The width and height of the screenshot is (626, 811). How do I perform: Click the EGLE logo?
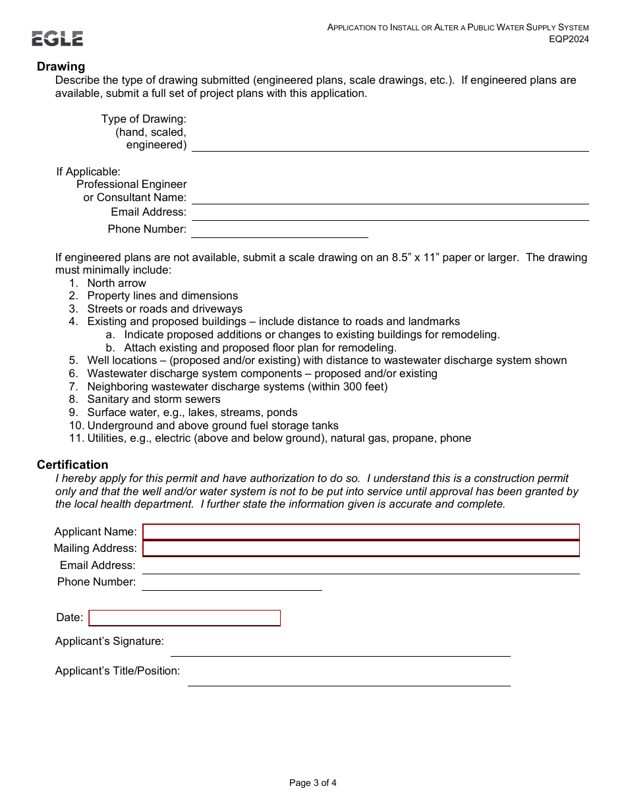(57, 39)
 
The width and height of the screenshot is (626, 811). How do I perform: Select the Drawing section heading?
(61, 67)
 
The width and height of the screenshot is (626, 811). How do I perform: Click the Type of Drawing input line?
(389, 144)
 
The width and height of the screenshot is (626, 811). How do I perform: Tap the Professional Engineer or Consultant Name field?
(389, 197)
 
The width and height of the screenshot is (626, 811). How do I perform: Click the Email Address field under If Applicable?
(389, 213)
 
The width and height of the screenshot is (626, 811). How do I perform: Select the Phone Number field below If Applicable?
(279, 230)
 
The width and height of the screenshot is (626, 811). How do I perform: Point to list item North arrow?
(117, 283)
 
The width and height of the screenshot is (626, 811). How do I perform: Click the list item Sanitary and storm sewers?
(154, 399)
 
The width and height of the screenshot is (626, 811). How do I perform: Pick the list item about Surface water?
(192, 412)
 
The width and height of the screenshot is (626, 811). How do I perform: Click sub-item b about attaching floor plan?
(260, 347)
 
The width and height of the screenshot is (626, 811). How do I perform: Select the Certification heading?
(72, 465)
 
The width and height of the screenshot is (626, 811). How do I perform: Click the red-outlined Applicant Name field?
(361, 532)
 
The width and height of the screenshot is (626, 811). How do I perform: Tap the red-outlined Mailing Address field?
(361, 549)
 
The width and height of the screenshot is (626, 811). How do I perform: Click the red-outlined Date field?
(185, 618)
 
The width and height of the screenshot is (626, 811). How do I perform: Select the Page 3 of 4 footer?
(313, 783)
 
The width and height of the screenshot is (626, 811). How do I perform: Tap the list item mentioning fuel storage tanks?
(213, 425)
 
